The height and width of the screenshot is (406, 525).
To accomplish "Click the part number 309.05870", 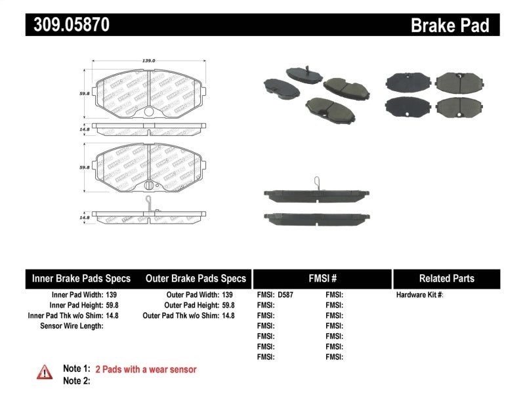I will coord(68,25).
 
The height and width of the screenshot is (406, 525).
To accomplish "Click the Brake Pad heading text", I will coord(450,25).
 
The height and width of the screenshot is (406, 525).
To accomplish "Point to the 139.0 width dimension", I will coord(148,60).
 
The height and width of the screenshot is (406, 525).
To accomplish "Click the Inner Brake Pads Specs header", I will coord(81,278).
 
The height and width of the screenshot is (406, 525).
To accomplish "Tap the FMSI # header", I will coord(322,278).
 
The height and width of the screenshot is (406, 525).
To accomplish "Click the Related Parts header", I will coord(446,278).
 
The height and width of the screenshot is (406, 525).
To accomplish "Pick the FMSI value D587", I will coord(285,294).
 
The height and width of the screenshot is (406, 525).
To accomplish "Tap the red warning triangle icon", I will coord(45,372).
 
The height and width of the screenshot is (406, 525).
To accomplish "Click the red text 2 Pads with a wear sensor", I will coord(146,369).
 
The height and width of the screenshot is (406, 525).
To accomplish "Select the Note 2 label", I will coord(76,380).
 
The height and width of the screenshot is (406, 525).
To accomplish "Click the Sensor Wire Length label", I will coord(72,325).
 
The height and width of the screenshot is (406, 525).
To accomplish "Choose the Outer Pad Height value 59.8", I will coord(227,305).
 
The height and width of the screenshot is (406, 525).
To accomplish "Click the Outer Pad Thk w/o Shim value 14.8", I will coord(227,315).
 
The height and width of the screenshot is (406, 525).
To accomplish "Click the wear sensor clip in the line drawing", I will coord(150,202).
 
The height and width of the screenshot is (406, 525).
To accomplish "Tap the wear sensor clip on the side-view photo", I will coord(316,182).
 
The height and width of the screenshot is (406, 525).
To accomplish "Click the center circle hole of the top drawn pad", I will coord(149,112).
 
